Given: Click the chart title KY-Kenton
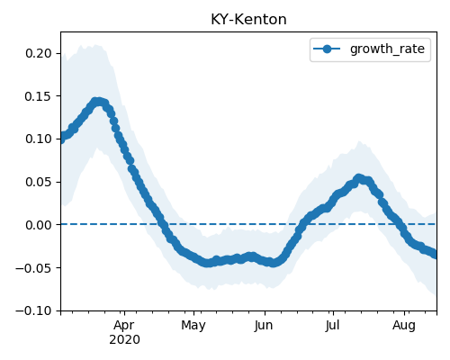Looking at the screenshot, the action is click(x=248, y=20).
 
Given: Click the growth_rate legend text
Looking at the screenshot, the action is click(x=387, y=49).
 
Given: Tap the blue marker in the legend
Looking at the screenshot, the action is click(x=327, y=49).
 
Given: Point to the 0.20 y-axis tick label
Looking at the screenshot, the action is click(x=39, y=53).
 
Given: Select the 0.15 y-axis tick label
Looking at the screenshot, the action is click(x=39, y=96).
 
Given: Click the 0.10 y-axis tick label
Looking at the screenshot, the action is click(x=39, y=139).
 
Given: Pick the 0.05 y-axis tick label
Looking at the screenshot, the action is click(x=39, y=182).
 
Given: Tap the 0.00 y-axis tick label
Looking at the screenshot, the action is click(x=39, y=225).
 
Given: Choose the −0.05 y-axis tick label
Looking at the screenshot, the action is click(x=34, y=268).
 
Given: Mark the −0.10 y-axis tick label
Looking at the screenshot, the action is click(x=34, y=310).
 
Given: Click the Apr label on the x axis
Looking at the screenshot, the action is click(x=124, y=326).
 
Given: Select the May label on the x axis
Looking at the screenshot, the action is click(x=193, y=326).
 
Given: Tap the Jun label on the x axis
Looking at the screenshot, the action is click(x=264, y=326).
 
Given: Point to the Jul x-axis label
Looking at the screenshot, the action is click(x=332, y=326).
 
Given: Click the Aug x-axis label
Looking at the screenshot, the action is click(x=404, y=326).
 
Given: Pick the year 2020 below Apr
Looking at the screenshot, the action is click(x=124, y=340).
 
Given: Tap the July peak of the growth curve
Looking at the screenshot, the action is click(x=358, y=178).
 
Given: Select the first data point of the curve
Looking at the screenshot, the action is click(x=61, y=139).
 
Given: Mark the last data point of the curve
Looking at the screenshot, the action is click(x=436, y=255).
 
